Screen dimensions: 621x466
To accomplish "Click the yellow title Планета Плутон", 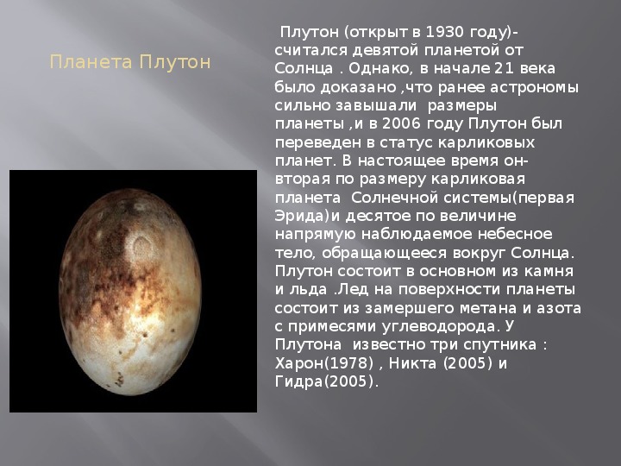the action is (x=130, y=63).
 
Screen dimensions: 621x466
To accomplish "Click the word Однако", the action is (x=379, y=69).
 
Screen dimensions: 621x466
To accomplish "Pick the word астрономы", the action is (x=534, y=87).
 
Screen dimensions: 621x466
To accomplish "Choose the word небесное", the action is (x=515, y=234).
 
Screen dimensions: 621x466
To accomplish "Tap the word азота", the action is (x=558, y=308).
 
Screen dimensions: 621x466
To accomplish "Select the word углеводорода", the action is (x=439, y=327).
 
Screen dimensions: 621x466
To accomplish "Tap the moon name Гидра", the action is (x=299, y=382).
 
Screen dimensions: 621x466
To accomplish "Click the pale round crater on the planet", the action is (x=141, y=245).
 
